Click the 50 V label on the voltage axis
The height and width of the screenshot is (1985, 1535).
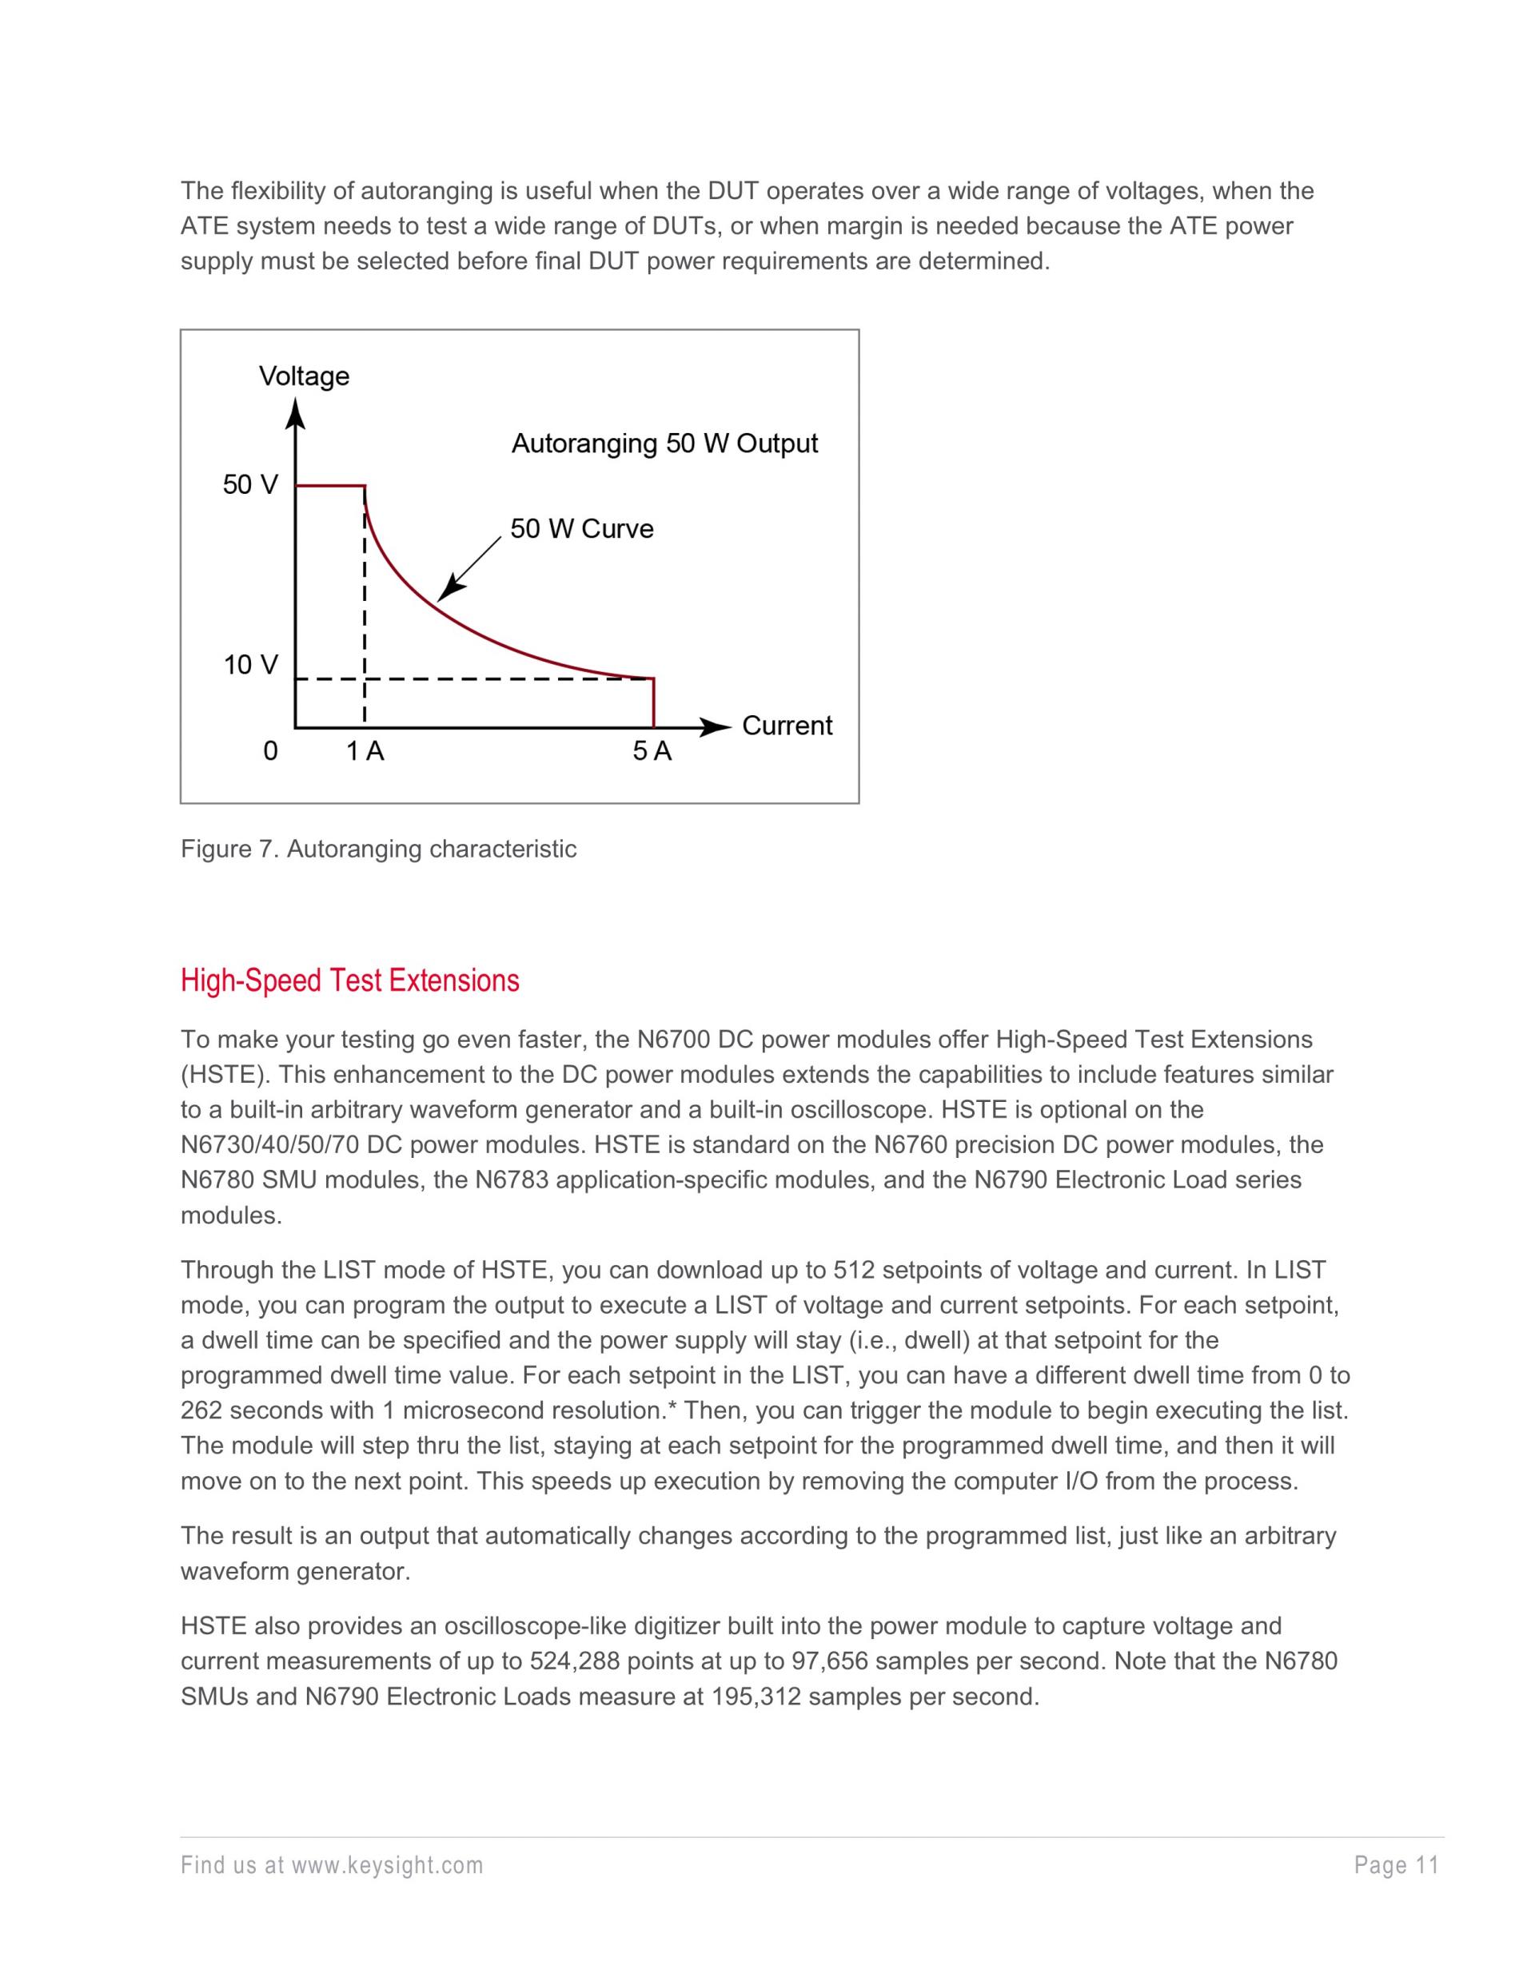pyautogui.click(x=250, y=484)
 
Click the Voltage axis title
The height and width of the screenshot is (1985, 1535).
pyautogui.click(x=304, y=376)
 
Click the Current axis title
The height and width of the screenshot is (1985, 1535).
pyautogui.click(x=787, y=726)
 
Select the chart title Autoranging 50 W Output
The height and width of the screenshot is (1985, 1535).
pyautogui.click(x=664, y=444)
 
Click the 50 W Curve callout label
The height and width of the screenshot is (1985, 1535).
pyautogui.click(x=581, y=529)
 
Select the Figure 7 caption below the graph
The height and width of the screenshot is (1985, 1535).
pyautogui.click(x=378, y=849)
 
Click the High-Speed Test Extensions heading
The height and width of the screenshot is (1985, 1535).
pyautogui.click(x=350, y=981)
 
